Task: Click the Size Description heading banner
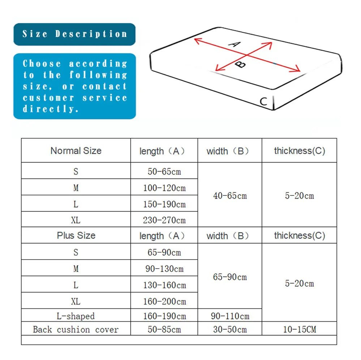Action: point(74,34)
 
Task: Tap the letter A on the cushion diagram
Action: point(235,44)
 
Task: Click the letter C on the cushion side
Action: point(263,101)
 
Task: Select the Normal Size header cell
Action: point(76,151)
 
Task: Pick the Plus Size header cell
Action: point(76,235)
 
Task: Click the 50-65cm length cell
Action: point(164,171)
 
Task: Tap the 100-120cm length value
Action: point(164,188)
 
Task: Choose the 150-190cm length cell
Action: point(164,204)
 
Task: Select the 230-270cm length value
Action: point(164,220)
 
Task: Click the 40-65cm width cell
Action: point(230,196)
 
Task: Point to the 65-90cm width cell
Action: point(230,277)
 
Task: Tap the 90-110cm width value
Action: point(230,316)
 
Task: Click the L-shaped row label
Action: point(76,316)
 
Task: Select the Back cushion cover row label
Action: point(76,329)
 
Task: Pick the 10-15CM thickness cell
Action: point(299,329)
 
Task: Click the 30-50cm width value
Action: point(230,329)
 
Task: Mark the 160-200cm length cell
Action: point(164,301)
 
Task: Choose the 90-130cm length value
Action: point(164,269)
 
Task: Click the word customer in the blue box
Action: point(49,98)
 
